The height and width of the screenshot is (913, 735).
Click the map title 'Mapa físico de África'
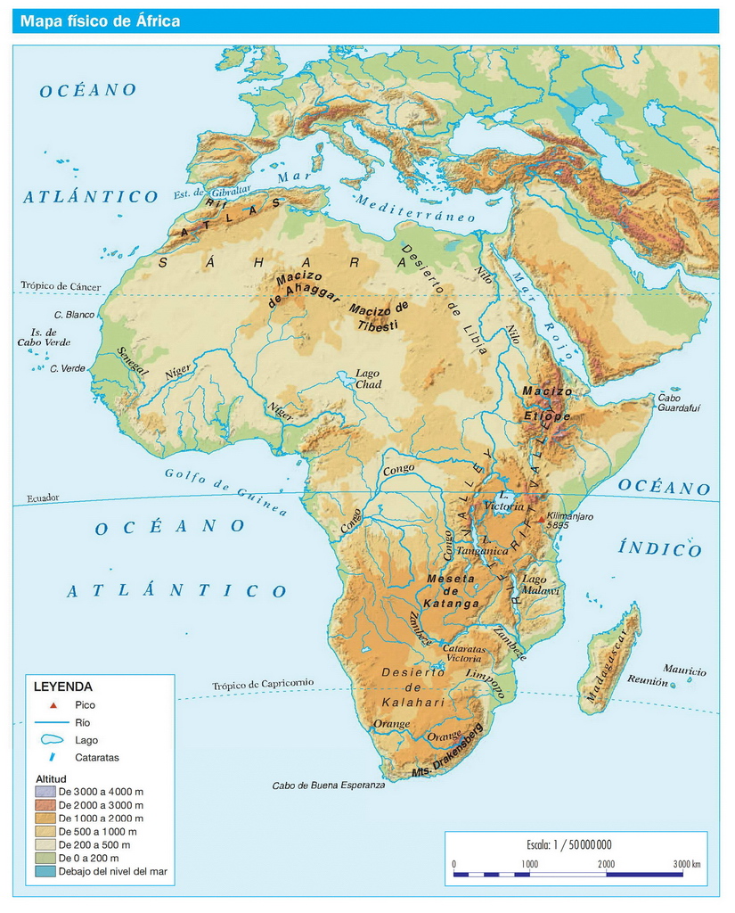tap(101, 21)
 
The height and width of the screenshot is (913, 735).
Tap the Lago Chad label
tap(369, 379)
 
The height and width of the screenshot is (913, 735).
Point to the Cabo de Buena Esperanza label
tap(329, 786)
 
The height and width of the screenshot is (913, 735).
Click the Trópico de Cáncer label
tap(61, 286)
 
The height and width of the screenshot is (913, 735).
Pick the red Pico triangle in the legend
tap(53, 705)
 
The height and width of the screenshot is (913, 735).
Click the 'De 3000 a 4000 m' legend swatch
tap(45, 791)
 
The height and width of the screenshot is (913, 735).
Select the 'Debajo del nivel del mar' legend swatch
tap(45, 871)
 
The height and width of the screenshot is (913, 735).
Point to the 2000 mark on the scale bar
tap(606, 864)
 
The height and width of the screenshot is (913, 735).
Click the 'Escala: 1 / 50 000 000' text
tap(569, 844)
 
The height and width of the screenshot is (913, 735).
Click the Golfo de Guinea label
tap(226, 491)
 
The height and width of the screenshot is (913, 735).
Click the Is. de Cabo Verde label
tap(44, 337)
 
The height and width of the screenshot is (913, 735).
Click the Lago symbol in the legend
tap(53, 740)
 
